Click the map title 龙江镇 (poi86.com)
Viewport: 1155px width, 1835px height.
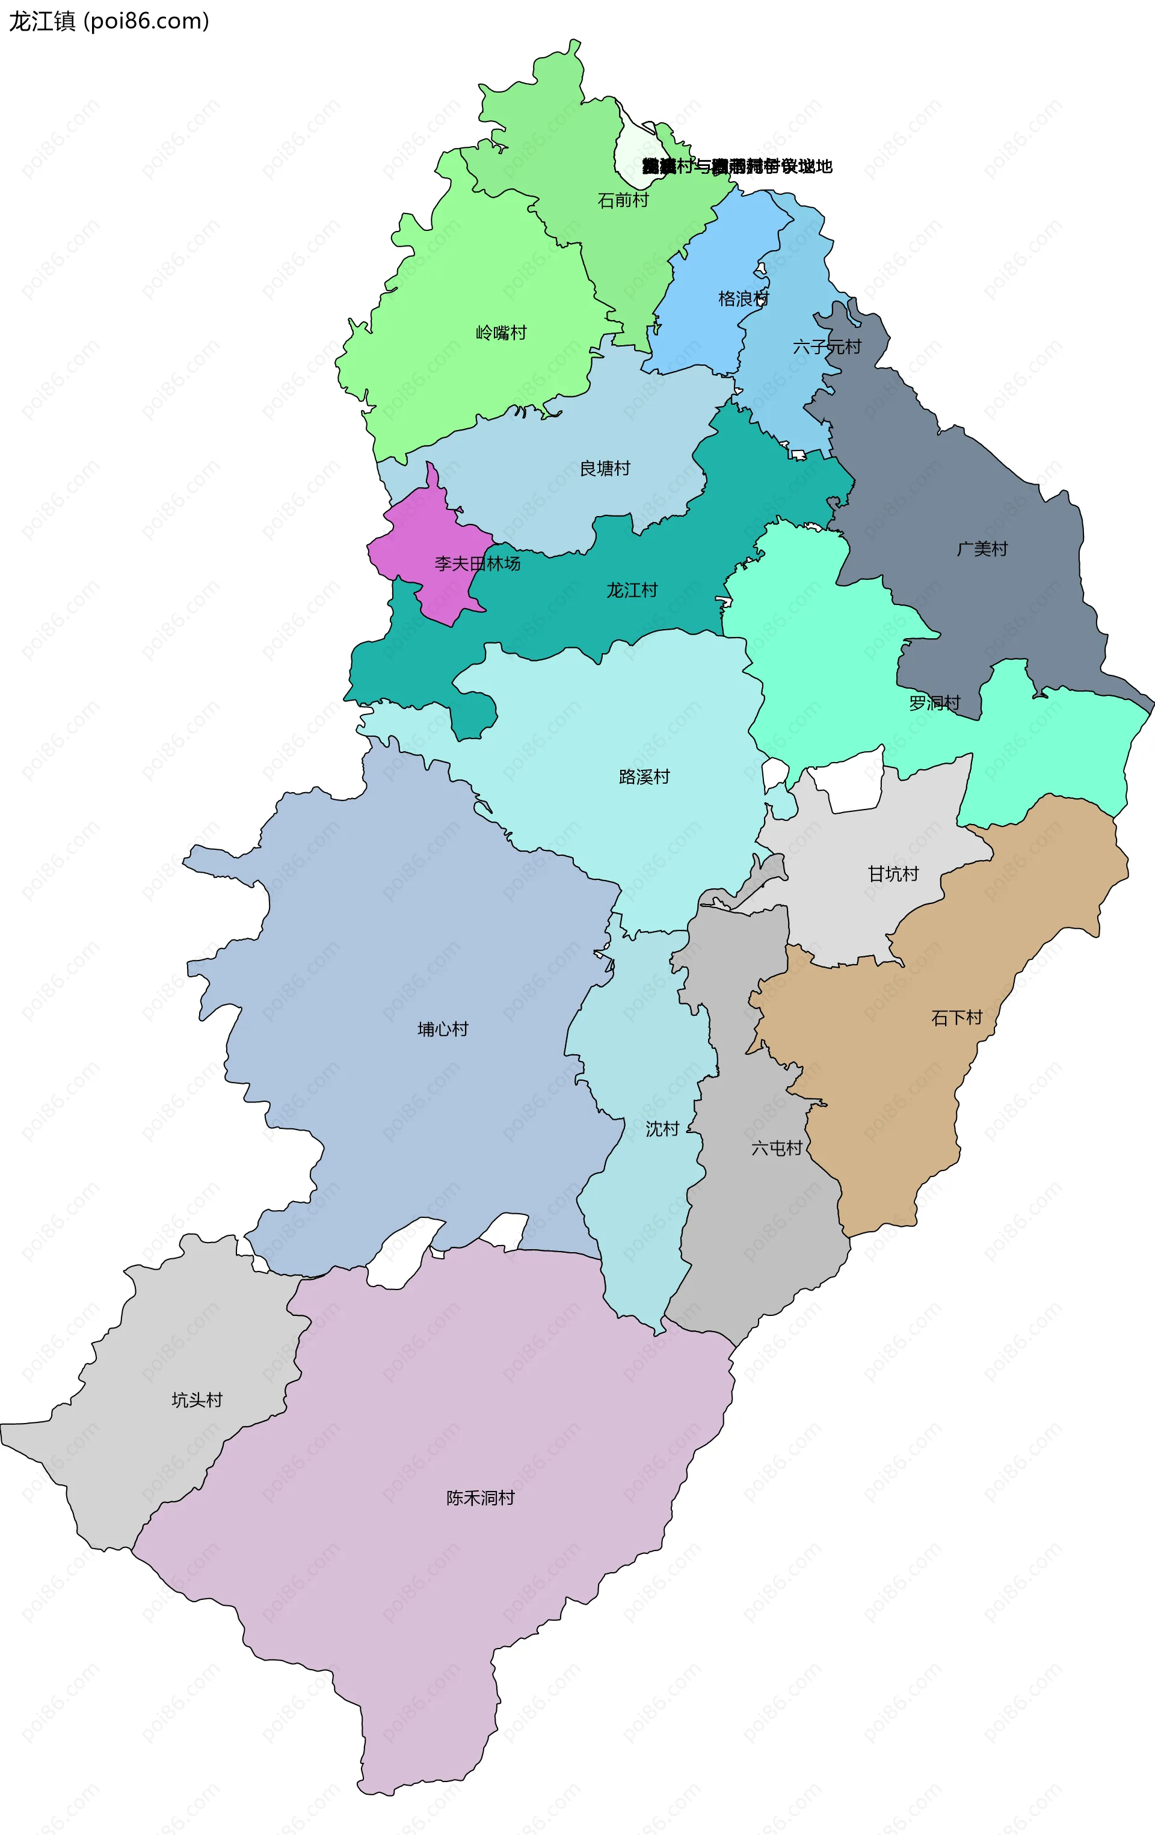[108, 21]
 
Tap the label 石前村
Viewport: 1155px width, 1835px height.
[623, 200]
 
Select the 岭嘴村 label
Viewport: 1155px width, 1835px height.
[501, 333]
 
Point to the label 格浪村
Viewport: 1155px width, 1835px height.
[744, 299]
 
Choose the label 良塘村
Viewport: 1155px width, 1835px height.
[605, 469]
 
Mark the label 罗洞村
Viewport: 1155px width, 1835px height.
[935, 703]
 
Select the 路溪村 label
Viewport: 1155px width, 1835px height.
[644, 777]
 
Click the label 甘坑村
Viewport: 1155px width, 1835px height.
[893, 874]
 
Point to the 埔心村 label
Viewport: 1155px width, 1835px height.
[443, 1030]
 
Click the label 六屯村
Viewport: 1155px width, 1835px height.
[777, 1148]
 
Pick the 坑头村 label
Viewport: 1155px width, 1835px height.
[197, 1400]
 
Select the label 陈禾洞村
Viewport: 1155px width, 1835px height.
[480, 1498]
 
